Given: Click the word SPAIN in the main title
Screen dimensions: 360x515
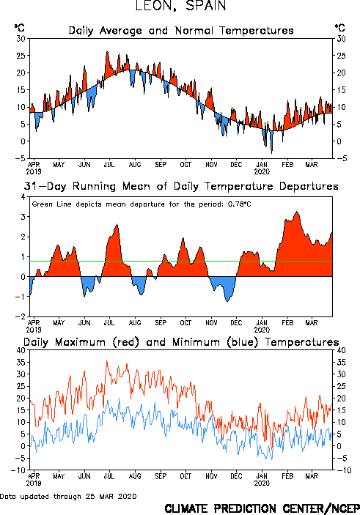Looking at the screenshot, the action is [206, 6].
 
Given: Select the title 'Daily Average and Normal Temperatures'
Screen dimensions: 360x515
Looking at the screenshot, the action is [181, 31].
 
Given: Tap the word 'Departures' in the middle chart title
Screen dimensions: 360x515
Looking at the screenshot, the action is [309, 186].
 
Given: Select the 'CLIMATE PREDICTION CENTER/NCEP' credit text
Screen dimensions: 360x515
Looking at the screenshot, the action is [262, 508].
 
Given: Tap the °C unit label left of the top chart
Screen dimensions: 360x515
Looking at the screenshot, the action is [20, 28].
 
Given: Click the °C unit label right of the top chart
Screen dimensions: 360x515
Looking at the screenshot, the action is [340, 28].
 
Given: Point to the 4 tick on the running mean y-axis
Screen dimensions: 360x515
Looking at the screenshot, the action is [23, 197].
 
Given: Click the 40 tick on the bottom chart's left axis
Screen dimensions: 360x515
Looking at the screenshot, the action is [21, 350].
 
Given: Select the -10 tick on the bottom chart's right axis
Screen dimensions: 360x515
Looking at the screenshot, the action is [344, 470].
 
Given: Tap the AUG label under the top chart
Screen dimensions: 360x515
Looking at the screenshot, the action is [135, 165].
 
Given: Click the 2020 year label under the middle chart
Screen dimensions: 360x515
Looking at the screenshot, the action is [262, 330].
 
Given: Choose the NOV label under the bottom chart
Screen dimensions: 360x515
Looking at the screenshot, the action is [211, 476].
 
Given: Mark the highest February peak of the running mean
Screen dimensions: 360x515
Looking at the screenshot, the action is [297, 212].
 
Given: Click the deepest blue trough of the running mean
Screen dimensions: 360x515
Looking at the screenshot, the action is [227, 302].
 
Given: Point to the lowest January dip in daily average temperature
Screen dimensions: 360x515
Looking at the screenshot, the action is [271, 153].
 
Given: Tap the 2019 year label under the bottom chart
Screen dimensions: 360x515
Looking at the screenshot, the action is [34, 483].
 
